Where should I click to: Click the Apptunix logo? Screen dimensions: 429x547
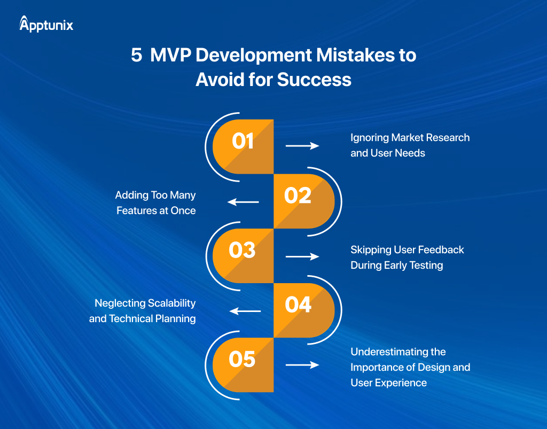(x=46, y=24)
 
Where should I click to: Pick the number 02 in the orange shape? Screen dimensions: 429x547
(x=298, y=196)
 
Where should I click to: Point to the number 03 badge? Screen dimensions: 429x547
(x=243, y=250)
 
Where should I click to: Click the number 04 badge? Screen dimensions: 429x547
(x=298, y=305)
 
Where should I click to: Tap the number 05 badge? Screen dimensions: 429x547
(x=243, y=359)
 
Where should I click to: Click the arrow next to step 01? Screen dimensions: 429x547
(x=302, y=145)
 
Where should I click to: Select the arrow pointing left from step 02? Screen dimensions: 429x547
(x=244, y=202)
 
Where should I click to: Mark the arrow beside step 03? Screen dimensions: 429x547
(x=302, y=257)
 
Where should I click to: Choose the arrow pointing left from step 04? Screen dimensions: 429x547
(x=245, y=311)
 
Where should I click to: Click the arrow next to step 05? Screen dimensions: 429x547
(x=302, y=365)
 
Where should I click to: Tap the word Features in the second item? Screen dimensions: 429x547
(x=135, y=210)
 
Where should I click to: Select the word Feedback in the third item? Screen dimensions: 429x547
(x=441, y=250)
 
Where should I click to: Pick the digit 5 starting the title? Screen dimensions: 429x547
(x=136, y=56)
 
